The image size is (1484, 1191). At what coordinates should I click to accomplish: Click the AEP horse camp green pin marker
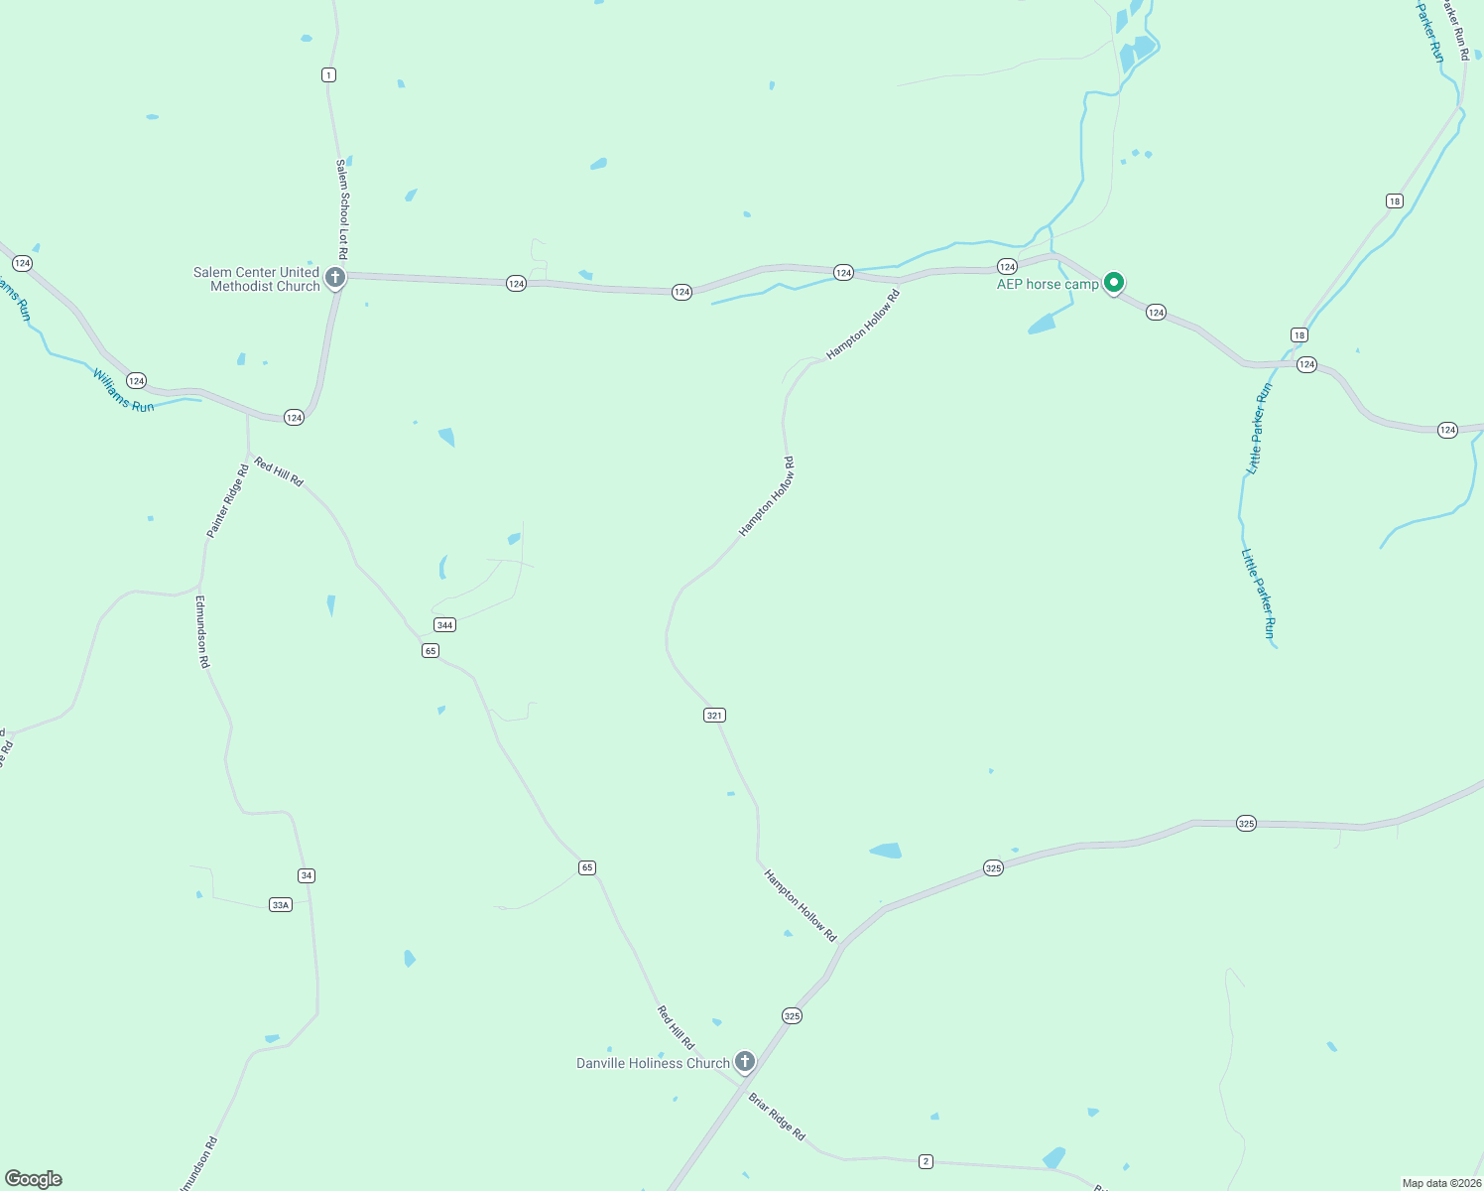pos(1114,283)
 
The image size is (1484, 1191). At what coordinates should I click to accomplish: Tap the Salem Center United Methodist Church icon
pos(335,277)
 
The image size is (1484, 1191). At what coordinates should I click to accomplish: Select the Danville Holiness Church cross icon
pos(745,1061)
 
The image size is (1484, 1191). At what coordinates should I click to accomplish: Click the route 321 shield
pos(714,715)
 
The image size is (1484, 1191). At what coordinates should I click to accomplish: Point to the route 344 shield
pos(444,624)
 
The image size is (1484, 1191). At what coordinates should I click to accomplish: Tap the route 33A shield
pos(281,904)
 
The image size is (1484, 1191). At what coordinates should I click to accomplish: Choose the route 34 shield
pos(307,874)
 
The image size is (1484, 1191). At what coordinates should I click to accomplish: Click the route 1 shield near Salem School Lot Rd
pos(328,74)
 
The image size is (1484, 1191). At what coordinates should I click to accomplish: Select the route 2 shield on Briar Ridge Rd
pos(926,1161)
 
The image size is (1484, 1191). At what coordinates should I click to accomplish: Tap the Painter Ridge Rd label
pos(227,501)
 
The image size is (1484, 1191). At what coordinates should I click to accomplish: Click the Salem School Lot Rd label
pos(342,209)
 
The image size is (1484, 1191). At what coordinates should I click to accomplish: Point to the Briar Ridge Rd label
pos(777,1117)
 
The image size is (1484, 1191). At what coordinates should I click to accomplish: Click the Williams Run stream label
pos(124,390)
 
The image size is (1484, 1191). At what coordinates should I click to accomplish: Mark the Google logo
pos(33,1179)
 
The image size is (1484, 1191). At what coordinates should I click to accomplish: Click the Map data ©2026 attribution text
pos(1441,1183)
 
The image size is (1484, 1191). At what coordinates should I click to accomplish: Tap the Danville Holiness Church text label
pos(653,1063)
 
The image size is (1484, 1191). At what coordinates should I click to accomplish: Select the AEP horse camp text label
pos(1048,284)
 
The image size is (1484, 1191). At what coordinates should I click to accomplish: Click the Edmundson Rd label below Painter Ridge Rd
pos(202,631)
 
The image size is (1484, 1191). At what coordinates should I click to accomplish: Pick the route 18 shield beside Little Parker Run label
pos(1298,334)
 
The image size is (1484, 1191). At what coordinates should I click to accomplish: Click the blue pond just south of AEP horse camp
pos(1042,324)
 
